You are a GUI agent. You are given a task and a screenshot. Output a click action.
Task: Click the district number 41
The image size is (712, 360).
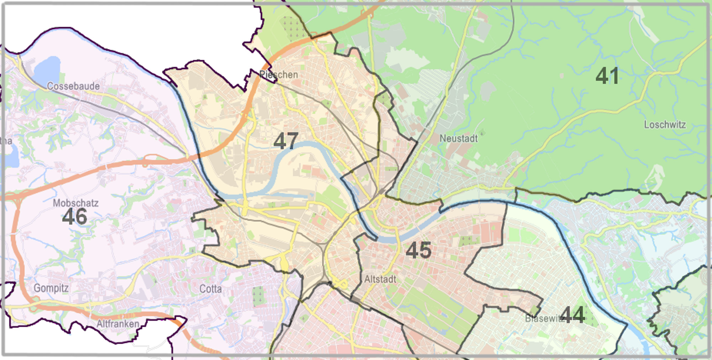607,76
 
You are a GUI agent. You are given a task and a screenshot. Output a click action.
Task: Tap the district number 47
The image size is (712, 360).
286,141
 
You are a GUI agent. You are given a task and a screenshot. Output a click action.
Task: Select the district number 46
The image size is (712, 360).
74,216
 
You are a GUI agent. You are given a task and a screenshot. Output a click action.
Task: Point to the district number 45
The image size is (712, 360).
419,250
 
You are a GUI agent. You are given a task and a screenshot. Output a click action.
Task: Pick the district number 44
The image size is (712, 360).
572,315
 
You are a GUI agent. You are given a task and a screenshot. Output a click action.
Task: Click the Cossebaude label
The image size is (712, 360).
73,86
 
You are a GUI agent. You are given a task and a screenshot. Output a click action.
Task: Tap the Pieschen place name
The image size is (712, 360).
278,75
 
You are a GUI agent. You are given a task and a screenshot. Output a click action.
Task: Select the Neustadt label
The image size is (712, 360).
459,139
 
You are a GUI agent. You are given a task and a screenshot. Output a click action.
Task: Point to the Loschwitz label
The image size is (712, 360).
665,125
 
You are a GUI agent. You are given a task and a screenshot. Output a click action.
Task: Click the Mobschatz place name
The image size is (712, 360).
75,203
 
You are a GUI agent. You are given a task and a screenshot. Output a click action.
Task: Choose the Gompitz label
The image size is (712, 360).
51,288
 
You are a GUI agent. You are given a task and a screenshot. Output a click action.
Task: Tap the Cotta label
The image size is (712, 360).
210,289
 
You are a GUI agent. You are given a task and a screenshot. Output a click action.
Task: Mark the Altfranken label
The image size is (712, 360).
118,324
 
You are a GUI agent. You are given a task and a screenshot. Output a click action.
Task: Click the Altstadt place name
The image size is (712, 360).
380,279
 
